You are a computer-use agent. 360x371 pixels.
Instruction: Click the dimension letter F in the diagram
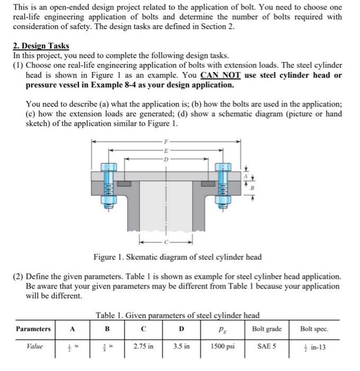pyautogui.click(x=167, y=141)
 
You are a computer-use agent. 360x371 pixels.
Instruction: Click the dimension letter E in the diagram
pyautogui.click(x=167, y=150)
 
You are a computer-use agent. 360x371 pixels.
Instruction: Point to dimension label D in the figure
pyautogui.click(x=167, y=158)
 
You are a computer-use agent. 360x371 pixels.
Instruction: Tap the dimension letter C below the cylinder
pyautogui.click(x=167, y=242)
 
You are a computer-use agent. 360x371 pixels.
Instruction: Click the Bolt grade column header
pyautogui.click(x=266, y=329)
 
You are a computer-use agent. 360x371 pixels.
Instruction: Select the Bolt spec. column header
pyautogui.click(x=313, y=329)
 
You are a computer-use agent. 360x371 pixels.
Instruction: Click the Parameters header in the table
pyautogui.click(x=33, y=329)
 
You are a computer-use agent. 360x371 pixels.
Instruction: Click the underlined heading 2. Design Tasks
pyautogui.click(x=41, y=46)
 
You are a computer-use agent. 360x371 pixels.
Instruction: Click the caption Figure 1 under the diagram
pyautogui.click(x=177, y=257)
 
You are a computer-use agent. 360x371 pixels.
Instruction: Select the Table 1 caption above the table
pyautogui.click(x=177, y=316)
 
